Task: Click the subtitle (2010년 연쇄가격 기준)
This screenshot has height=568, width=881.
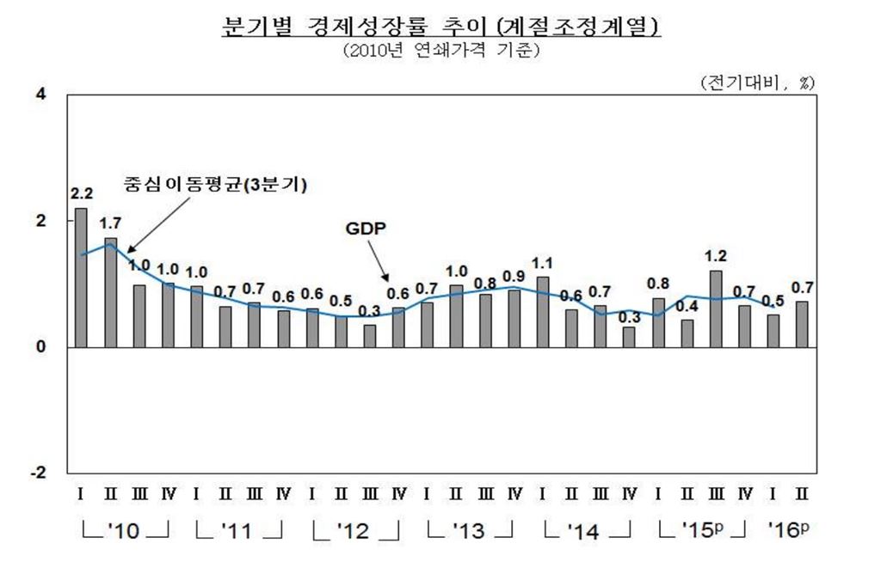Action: tap(440, 52)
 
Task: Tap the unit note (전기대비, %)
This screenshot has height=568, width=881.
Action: tap(757, 82)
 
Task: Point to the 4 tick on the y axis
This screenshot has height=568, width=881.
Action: tap(40, 94)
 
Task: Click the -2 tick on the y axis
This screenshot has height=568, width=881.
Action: tap(37, 473)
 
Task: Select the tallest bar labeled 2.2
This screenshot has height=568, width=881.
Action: tap(81, 278)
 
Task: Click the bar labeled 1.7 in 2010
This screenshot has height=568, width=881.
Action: tap(110, 292)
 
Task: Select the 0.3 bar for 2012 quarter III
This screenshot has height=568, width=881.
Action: tap(369, 336)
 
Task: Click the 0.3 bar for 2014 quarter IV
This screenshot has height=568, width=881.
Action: tap(629, 337)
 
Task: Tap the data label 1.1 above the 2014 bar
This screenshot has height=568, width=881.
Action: tap(542, 263)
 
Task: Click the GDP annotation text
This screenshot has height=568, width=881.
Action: tap(366, 231)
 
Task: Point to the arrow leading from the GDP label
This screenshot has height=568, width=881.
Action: tap(379, 262)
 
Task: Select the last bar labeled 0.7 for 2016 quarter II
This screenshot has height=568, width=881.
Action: tap(802, 324)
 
